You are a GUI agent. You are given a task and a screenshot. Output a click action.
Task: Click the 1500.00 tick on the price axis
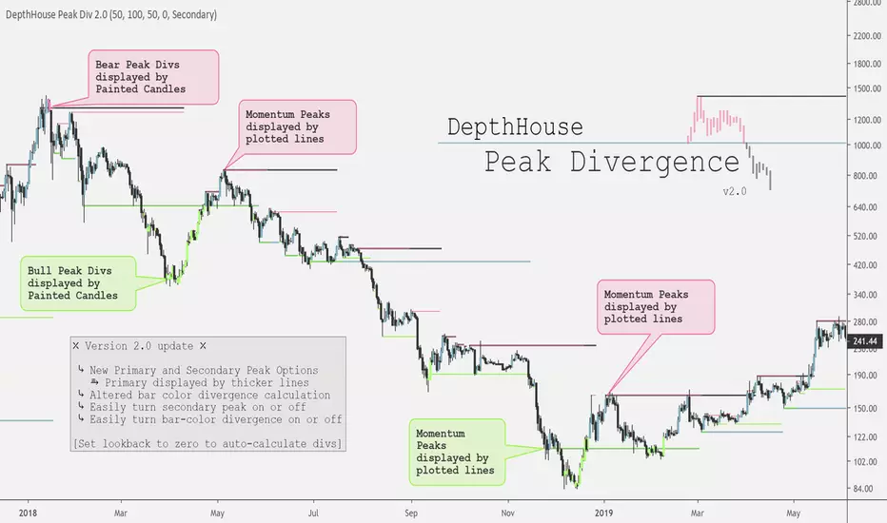click(x=866, y=89)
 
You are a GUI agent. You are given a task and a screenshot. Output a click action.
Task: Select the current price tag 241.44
click(x=866, y=340)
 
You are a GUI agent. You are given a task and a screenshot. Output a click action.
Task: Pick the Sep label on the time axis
click(x=411, y=510)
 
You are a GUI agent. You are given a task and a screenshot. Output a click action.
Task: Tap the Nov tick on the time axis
click(x=507, y=510)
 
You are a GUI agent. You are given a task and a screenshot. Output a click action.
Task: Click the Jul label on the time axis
click(x=314, y=510)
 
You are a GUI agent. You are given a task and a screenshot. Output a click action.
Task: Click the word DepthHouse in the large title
click(x=515, y=126)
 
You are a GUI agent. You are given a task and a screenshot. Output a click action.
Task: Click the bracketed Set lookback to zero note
click(x=207, y=444)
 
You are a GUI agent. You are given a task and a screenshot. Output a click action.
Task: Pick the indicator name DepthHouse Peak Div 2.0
click(x=110, y=15)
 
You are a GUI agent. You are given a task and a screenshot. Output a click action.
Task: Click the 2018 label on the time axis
click(x=28, y=510)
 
